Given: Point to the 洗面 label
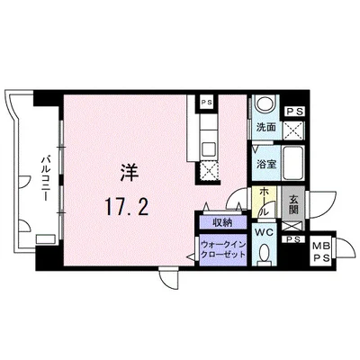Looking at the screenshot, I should coord(266,128).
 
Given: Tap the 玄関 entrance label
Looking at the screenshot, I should coord(294,206).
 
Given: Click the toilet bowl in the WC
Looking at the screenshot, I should coord(265,256).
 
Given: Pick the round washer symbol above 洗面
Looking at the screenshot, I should coord(265,104).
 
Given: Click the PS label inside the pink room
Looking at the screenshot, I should coord(207,102).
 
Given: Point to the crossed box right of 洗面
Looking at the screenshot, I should coord(292,129).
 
